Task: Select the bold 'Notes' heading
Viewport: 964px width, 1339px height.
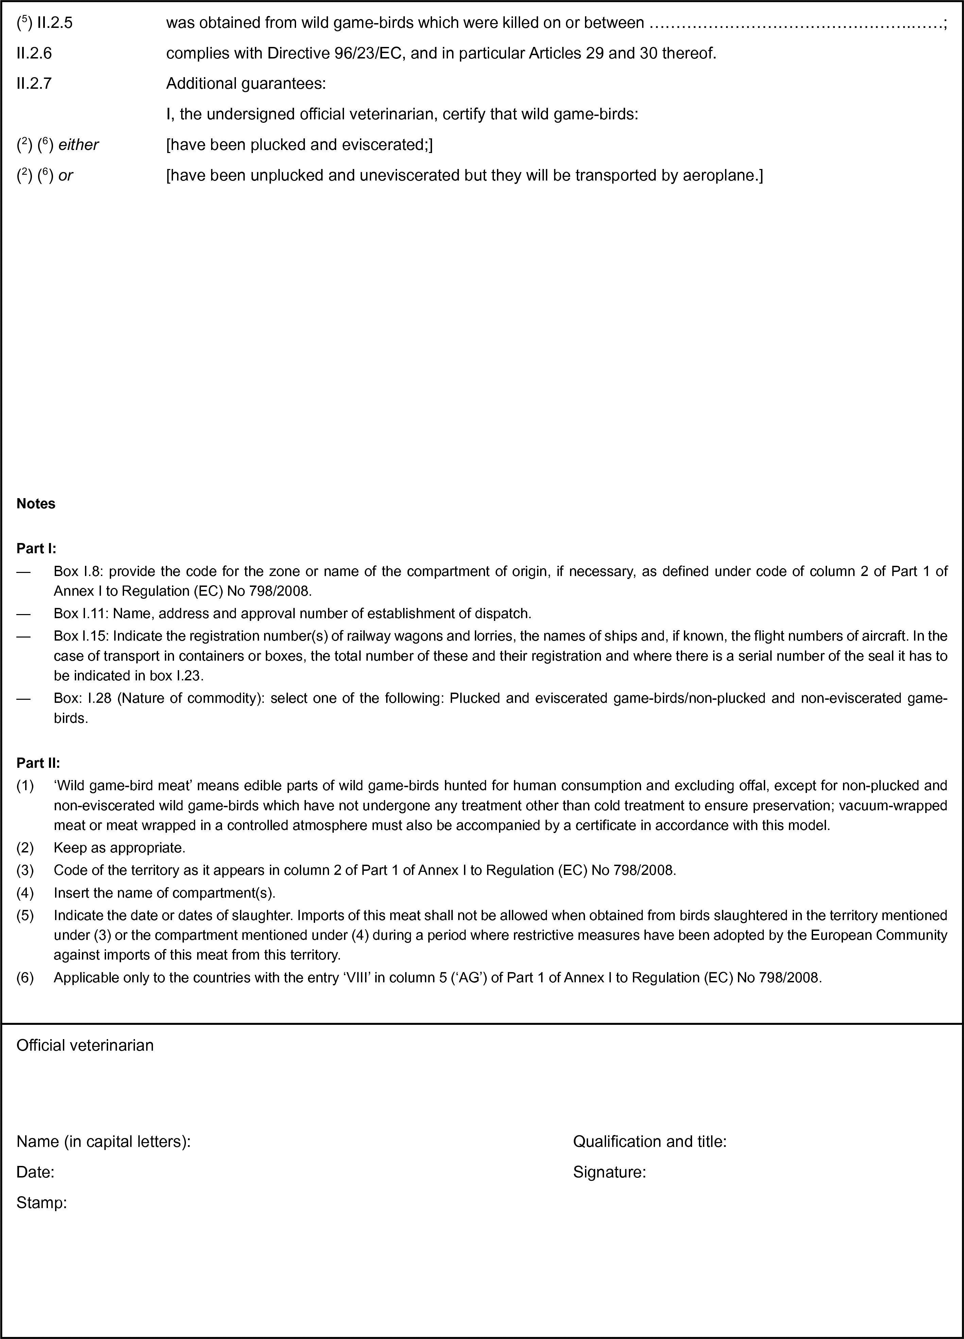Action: (x=36, y=504)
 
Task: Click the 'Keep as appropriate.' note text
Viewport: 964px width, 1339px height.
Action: (x=119, y=848)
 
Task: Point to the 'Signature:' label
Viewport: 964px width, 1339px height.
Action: (x=609, y=1172)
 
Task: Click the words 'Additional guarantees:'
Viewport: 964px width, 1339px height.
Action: (x=245, y=84)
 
